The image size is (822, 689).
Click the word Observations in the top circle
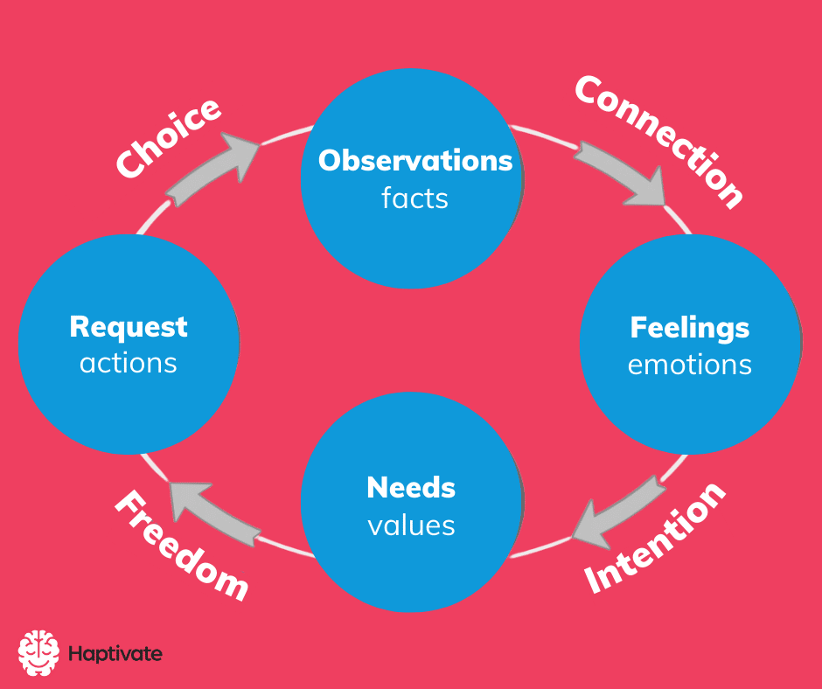(414, 161)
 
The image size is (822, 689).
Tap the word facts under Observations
(414, 198)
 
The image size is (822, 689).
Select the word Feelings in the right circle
(689, 328)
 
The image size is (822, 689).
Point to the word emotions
(689, 364)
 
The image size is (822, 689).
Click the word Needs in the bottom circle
(411, 487)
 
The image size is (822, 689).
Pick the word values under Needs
(411, 525)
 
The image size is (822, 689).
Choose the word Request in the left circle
(129, 326)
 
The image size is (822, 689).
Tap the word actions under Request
(129, 362)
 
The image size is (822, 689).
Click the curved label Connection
(660, 140)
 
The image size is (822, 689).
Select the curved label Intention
(656, 538)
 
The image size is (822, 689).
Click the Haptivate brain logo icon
(38, 652)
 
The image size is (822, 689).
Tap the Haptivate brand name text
(115, 653)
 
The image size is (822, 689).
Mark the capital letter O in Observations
(330, 161)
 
